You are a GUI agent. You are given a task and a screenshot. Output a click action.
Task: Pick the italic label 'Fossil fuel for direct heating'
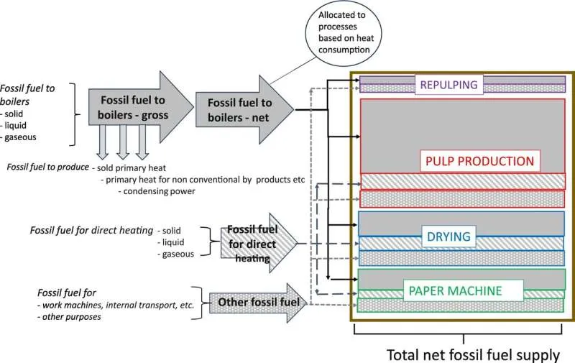[x=91, y=231]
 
